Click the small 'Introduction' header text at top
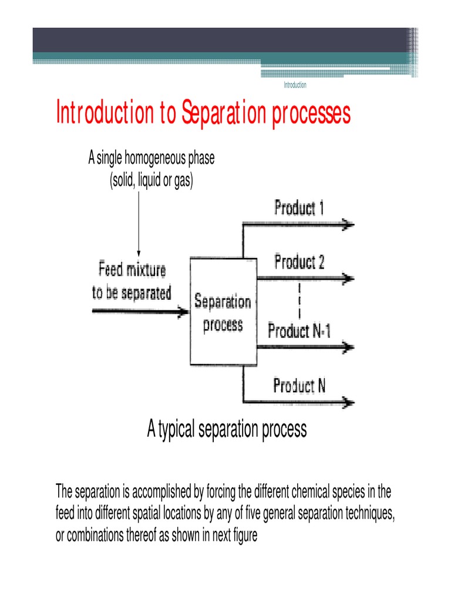[295, 85]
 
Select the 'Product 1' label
[299, 208]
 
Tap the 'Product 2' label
[299, 262]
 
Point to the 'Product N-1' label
[299, 331]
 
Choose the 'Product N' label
[299, 386]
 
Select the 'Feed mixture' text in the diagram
[132, 271]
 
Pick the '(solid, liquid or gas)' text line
[151, 181]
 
